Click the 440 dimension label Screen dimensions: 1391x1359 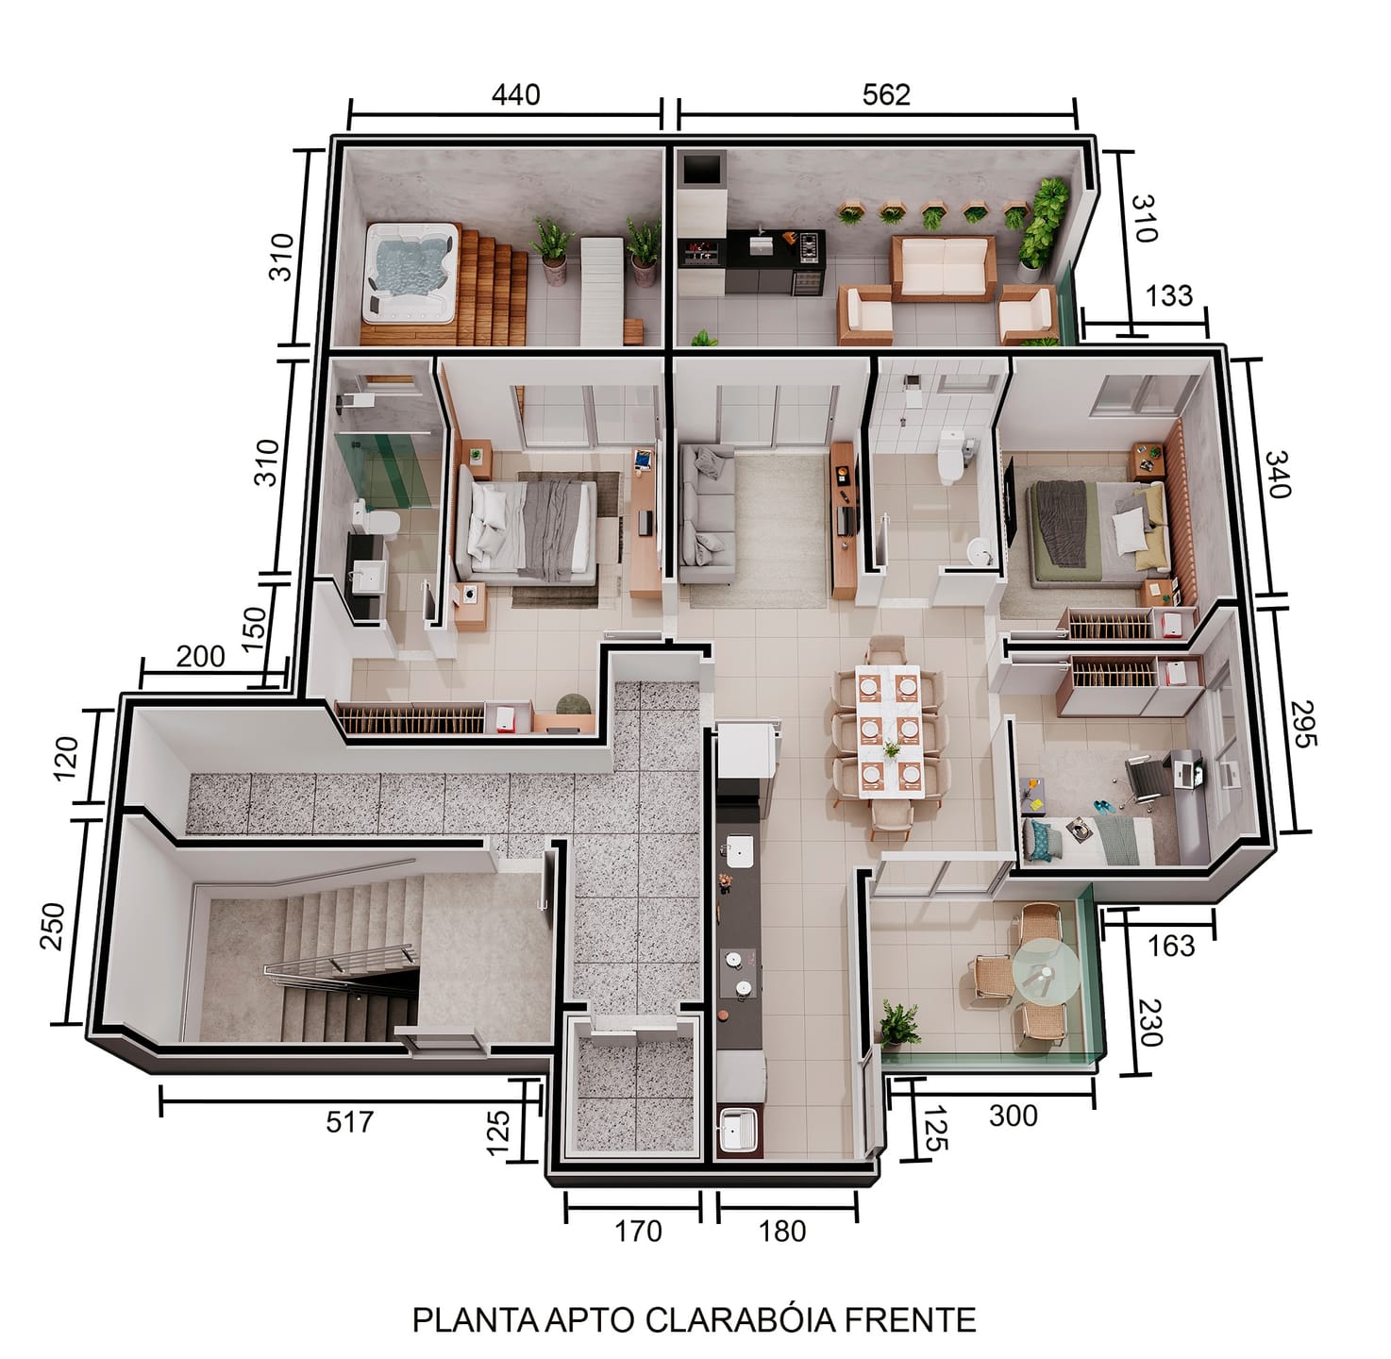514,95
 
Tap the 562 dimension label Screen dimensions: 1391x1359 885,95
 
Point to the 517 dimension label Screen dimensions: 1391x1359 349,1122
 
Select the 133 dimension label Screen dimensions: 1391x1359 1168,295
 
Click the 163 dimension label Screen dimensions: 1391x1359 1171,946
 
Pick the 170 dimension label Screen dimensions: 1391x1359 638,1231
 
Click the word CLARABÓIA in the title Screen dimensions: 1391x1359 740,1319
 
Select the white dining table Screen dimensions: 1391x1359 889,730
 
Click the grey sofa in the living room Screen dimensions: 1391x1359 706,512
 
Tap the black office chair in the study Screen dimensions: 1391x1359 1146,782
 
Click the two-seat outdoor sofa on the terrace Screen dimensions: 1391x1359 943,268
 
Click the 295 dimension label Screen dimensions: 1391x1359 1302,724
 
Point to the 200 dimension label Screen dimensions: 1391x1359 200,656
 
